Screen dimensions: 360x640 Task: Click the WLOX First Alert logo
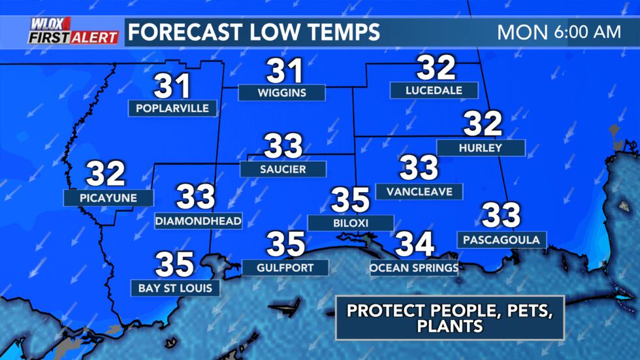73,31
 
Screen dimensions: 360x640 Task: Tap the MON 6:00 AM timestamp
558,31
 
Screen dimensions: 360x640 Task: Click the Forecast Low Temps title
252,31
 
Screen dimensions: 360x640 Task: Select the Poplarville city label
173,108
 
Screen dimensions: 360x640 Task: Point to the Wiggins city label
281,92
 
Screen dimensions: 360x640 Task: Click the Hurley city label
481,148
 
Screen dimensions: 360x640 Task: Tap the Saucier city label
282,169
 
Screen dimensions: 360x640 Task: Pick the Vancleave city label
419,191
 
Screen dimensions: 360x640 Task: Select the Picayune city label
108,197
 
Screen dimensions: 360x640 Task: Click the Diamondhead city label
199,221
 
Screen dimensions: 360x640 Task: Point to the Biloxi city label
350,223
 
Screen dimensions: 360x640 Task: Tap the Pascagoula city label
502,240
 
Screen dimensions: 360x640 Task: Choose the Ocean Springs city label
414,267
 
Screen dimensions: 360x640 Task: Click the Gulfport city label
285,267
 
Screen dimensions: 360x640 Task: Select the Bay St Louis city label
175,287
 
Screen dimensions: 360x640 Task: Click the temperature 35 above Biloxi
350,200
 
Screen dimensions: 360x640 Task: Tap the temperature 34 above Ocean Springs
414,244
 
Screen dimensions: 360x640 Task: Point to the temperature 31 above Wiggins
284,71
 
